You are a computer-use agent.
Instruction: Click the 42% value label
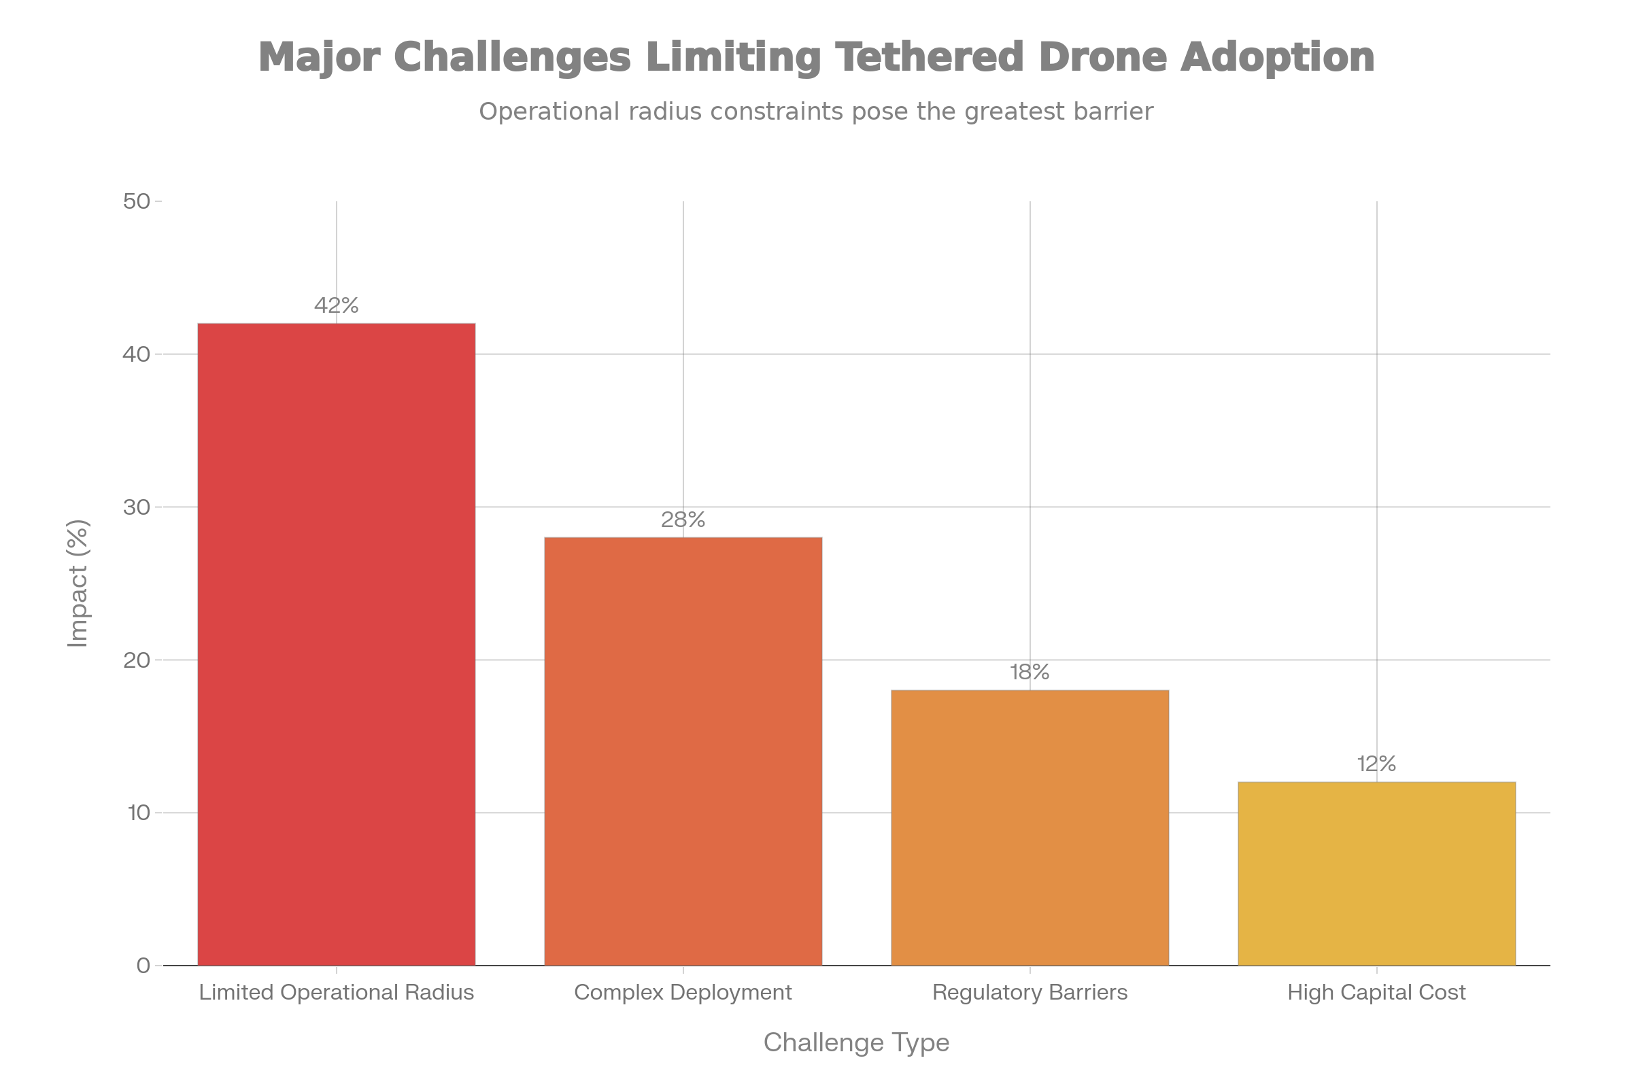(337, 305)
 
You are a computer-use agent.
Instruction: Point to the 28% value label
(683, 520)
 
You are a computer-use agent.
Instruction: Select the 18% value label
(1030, 673)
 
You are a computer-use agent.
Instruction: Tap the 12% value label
(1376, 764)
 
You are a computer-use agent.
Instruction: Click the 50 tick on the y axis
(137, 202)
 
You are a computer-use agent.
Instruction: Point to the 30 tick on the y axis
(137, 507)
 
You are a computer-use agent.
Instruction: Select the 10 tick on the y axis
(139, 813)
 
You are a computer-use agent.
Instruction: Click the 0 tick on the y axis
(143, 966)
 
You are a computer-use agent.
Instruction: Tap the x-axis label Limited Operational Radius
(337, 993)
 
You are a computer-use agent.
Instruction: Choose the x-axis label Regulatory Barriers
(1030, 993)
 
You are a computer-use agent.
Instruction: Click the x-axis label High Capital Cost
(1376, 993)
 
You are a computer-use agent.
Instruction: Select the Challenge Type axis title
(856, 1042)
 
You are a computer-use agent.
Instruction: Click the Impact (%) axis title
(78, 583)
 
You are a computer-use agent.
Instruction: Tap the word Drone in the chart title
(1101, 57)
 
